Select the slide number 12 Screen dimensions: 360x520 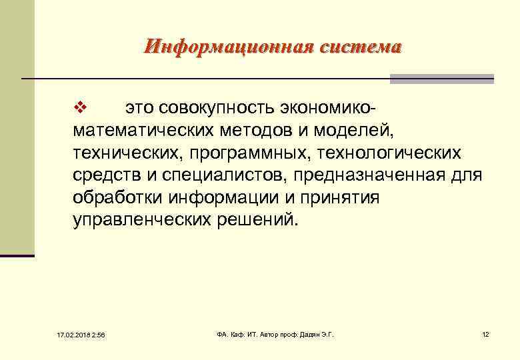point(485,334)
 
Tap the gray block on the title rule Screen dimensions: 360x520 point(441,79)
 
